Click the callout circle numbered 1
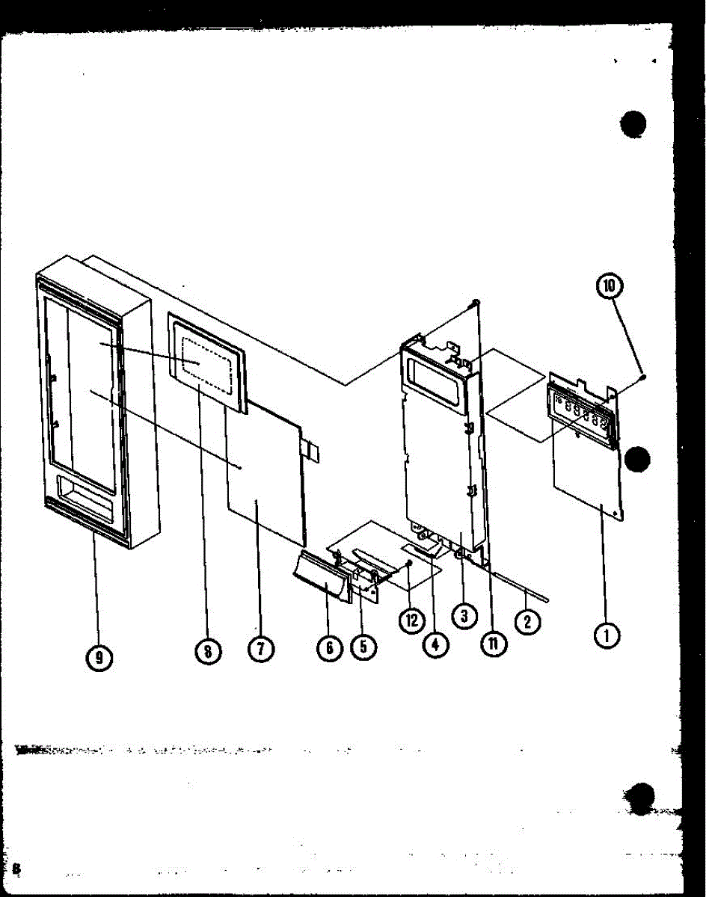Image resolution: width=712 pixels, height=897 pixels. point(607,635)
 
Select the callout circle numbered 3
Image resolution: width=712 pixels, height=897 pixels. point(464,615)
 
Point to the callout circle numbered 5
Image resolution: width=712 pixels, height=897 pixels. point(363,647)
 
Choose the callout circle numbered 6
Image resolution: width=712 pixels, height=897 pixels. point(329,647)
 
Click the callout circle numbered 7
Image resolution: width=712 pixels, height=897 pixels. point(260,650)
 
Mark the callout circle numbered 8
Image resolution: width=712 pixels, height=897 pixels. point(208,651)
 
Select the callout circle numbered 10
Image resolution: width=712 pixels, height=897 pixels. point(610,286)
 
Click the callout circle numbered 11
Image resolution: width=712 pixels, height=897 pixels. point(494,643)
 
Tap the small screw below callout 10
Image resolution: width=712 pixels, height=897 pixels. point(644,380)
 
